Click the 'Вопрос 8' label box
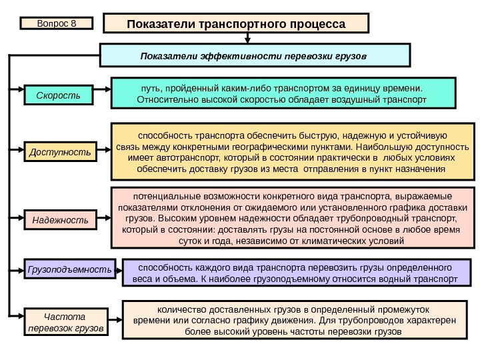point(57,24)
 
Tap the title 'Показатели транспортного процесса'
point(237,24)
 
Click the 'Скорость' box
point(58,96)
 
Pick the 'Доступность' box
point(60,153)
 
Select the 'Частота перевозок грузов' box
point(65,321)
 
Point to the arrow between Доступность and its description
point(102,152)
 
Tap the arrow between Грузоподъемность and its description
point(119,269)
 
